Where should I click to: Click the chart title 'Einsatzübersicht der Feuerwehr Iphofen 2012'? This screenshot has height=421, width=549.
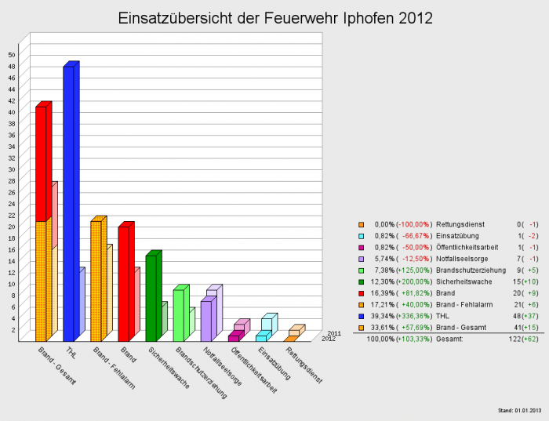(274, 18)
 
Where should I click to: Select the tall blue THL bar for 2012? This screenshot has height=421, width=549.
(68, 204)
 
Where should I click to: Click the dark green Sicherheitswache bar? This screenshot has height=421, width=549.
(151, 298)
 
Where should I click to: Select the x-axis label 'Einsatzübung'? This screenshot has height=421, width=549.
(274, 364)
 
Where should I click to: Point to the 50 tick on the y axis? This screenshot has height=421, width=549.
(12, 54)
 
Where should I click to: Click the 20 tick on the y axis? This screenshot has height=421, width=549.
(12, 227)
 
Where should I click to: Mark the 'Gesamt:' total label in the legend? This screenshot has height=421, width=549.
(449, 339)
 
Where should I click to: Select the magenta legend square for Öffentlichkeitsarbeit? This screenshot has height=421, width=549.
(361, 247)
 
